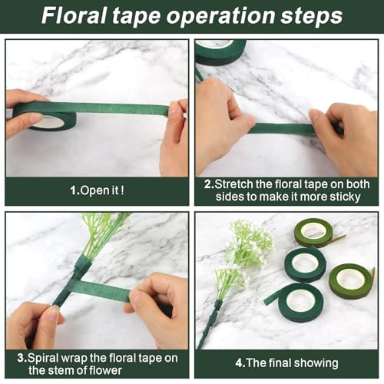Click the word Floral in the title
74,16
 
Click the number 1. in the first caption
74,190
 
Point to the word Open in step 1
91,191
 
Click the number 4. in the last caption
240,363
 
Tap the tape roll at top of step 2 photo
220,52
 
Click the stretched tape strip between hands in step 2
282,129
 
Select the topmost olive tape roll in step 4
313,233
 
